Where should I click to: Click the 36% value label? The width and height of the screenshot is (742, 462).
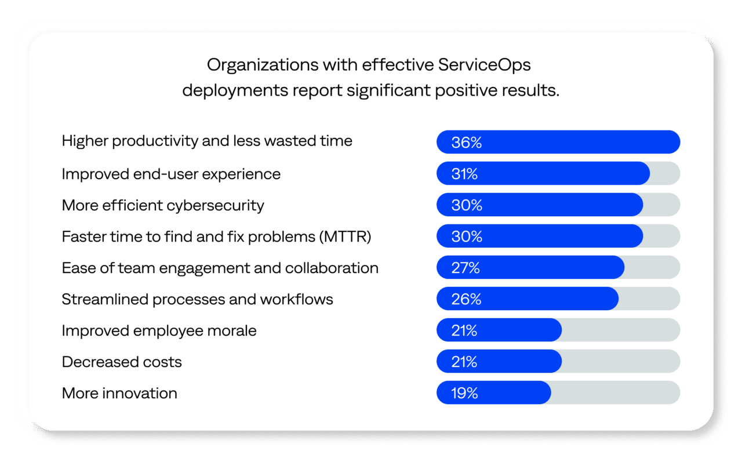point(466,143)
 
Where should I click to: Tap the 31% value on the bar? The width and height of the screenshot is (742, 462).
point(464,174)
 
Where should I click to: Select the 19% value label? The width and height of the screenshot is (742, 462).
point(464,393)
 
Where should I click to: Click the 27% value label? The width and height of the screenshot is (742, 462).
point(465,268)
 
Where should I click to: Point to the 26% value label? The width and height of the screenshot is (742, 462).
point(466,299)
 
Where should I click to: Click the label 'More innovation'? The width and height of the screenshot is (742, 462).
point(119,393)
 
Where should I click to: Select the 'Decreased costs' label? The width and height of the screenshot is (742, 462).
point(122,362)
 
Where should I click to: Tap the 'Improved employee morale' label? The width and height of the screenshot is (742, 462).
point(159,330)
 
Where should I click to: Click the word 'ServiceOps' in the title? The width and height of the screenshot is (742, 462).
point(484,65)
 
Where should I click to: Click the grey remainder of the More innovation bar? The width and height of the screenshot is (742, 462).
point(614,393)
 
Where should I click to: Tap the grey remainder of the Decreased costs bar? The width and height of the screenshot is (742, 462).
point(620,362)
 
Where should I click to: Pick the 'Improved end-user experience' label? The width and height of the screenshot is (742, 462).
point(171,174)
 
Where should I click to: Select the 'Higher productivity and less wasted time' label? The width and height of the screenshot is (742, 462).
point(207,141)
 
